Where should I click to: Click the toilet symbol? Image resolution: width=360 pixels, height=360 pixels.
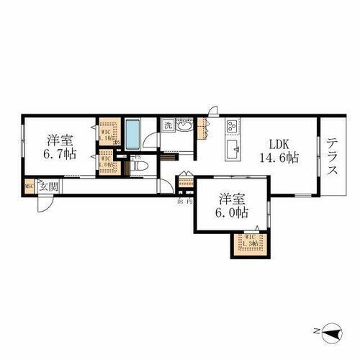[142, 167]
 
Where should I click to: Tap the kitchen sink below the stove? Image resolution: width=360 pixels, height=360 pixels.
[234, 150]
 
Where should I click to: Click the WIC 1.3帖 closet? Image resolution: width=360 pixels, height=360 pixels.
[250, 245]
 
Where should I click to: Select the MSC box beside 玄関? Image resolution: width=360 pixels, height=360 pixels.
[29, 187]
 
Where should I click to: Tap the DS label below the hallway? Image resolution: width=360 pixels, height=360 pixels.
[180, 201]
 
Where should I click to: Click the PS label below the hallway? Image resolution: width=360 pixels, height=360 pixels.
[189, 201]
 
